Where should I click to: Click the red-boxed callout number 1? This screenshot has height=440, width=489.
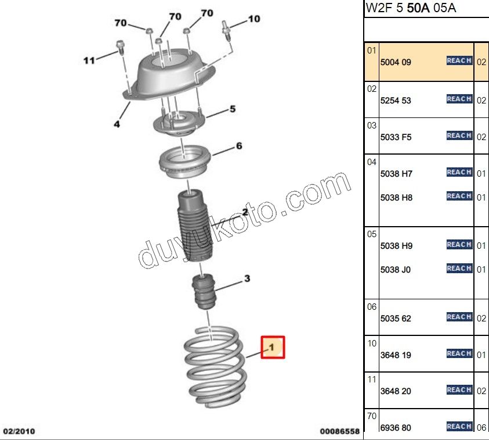pyautogui.click(x=273, y=347)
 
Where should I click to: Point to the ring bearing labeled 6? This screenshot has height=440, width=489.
pyautogui.click(x=184, y=161)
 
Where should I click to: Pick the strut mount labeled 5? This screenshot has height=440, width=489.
pyautogui.click(x=179, y=123)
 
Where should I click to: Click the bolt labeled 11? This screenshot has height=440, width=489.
pyautogui.click(x=120, y=47)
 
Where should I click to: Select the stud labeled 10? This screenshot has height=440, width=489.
pyautogui.click(x=227, y=30)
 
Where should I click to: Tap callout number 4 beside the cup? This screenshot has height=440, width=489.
pyautogui.click(x=117, y=124)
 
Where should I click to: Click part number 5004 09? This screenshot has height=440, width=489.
pyautogui.click(x=396, y=62)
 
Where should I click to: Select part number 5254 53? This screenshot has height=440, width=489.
pyautogui.click(x=396, y=101)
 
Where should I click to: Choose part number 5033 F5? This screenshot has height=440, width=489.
pyautogui.click(x=396, y=137)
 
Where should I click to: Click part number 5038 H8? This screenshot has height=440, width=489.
pyautogui.click(x=396, y=198)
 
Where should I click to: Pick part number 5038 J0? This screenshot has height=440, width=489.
pyautogui.click(x=395, y=270)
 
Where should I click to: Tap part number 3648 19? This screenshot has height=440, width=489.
pyautogui.click(x=396, y=355)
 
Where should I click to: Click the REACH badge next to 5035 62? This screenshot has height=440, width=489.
pyautogui.click(x=459, y=317)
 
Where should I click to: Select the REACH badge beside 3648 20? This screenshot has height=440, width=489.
pyautogui.click(x=459, y=389)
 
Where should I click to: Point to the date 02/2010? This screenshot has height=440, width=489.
pyautogui.click(x=19, y=431)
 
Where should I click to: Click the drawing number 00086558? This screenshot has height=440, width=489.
pyautogui.click(x=339, y=431)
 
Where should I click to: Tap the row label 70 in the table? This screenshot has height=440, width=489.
pyautogui.click(x=372, y=416)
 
